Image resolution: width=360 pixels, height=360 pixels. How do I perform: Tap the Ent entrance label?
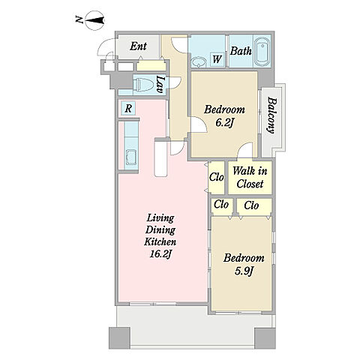[x=138, y=46]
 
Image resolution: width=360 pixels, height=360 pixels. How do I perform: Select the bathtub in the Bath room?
[x=262, y=52]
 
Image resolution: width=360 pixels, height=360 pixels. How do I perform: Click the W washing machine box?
[x=217, y=59]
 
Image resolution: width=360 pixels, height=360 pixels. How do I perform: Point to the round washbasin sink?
[x=199, y=62]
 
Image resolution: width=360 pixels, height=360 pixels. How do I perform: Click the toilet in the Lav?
[x=143, y=85]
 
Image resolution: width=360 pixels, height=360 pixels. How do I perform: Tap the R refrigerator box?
[x=128, y=109]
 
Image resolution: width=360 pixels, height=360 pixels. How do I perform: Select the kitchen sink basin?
[x=131, y=157]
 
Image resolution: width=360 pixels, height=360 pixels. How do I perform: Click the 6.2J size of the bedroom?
[x=224, y=122]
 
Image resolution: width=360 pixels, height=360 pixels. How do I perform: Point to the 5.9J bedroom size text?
[x=244, y=271]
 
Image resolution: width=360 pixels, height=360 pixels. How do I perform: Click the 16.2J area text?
[x=160, y=253]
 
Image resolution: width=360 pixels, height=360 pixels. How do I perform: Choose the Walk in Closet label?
[x=250, y=178]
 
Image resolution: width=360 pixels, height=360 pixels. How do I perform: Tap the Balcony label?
[x=272, y=115]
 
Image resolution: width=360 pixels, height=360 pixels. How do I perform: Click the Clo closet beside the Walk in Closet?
[x=217, y=177]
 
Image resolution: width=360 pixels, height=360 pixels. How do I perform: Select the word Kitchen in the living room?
[x=160, y=241]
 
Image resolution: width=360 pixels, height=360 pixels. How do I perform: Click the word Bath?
[x=241, y=51]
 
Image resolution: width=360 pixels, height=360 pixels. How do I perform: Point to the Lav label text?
[x=160, y=85]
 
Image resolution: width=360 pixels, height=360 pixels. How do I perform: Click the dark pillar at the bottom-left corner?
[x=119, y=338]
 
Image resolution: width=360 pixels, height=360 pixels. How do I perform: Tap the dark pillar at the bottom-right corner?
[x=265, y=338]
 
